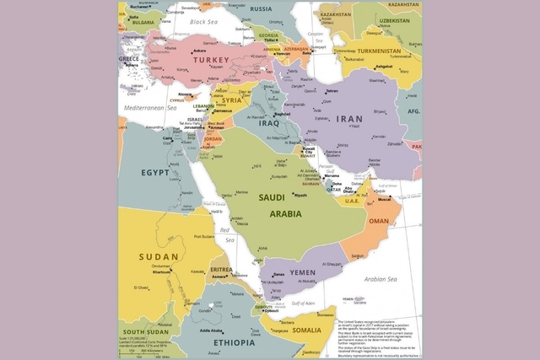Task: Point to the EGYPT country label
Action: [154, 172]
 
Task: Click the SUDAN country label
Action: [159, 256]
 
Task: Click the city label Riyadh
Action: [300, 196]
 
